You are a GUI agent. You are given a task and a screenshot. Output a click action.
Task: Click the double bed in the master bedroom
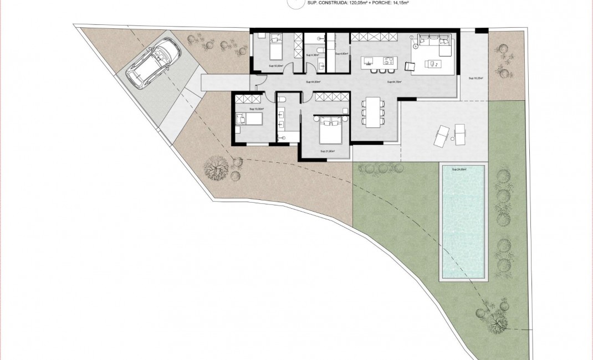tap(331, 131)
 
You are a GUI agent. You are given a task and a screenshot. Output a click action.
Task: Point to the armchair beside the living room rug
tap(410, 66)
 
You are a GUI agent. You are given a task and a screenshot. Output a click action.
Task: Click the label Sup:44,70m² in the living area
tap(393, 82)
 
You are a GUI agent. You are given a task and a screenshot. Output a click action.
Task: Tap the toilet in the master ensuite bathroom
tap(282, 98)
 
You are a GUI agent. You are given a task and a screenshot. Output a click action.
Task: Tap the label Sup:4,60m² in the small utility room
tap(341, 54)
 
